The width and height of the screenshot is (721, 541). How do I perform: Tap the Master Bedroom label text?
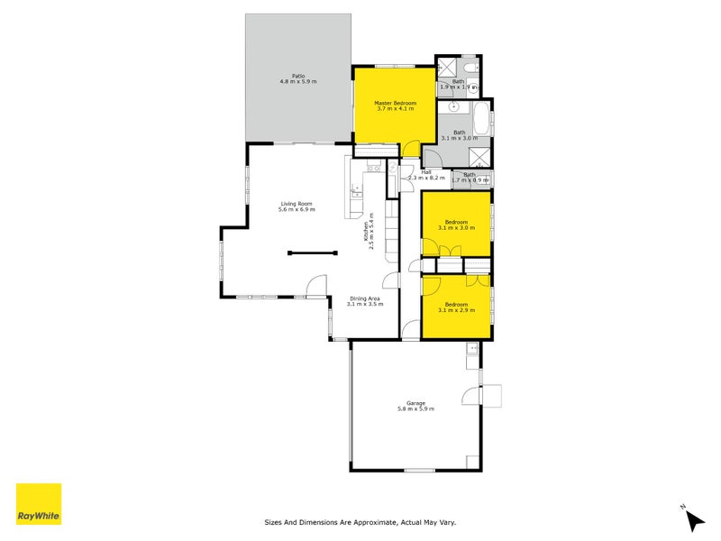tap(396, 103)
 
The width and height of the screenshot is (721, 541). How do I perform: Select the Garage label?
tap(415, 403)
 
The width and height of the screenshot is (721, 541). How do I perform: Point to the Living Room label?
tap(297, 203)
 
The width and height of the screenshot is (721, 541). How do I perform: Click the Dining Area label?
tap(365, 298)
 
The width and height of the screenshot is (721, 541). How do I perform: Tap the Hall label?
tap(426, 171)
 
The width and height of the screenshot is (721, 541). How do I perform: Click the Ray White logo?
tap(39, 505)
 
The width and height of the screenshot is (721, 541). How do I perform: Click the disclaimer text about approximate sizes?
tap(360, 521)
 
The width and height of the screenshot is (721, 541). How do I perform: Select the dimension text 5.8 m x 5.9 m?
tap(415, 409)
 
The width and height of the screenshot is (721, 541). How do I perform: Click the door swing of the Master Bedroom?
tap(411, 151)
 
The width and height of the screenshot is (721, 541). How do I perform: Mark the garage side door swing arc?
tap(471, 396)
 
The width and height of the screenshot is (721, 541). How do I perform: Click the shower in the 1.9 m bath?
tap(448, 68)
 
